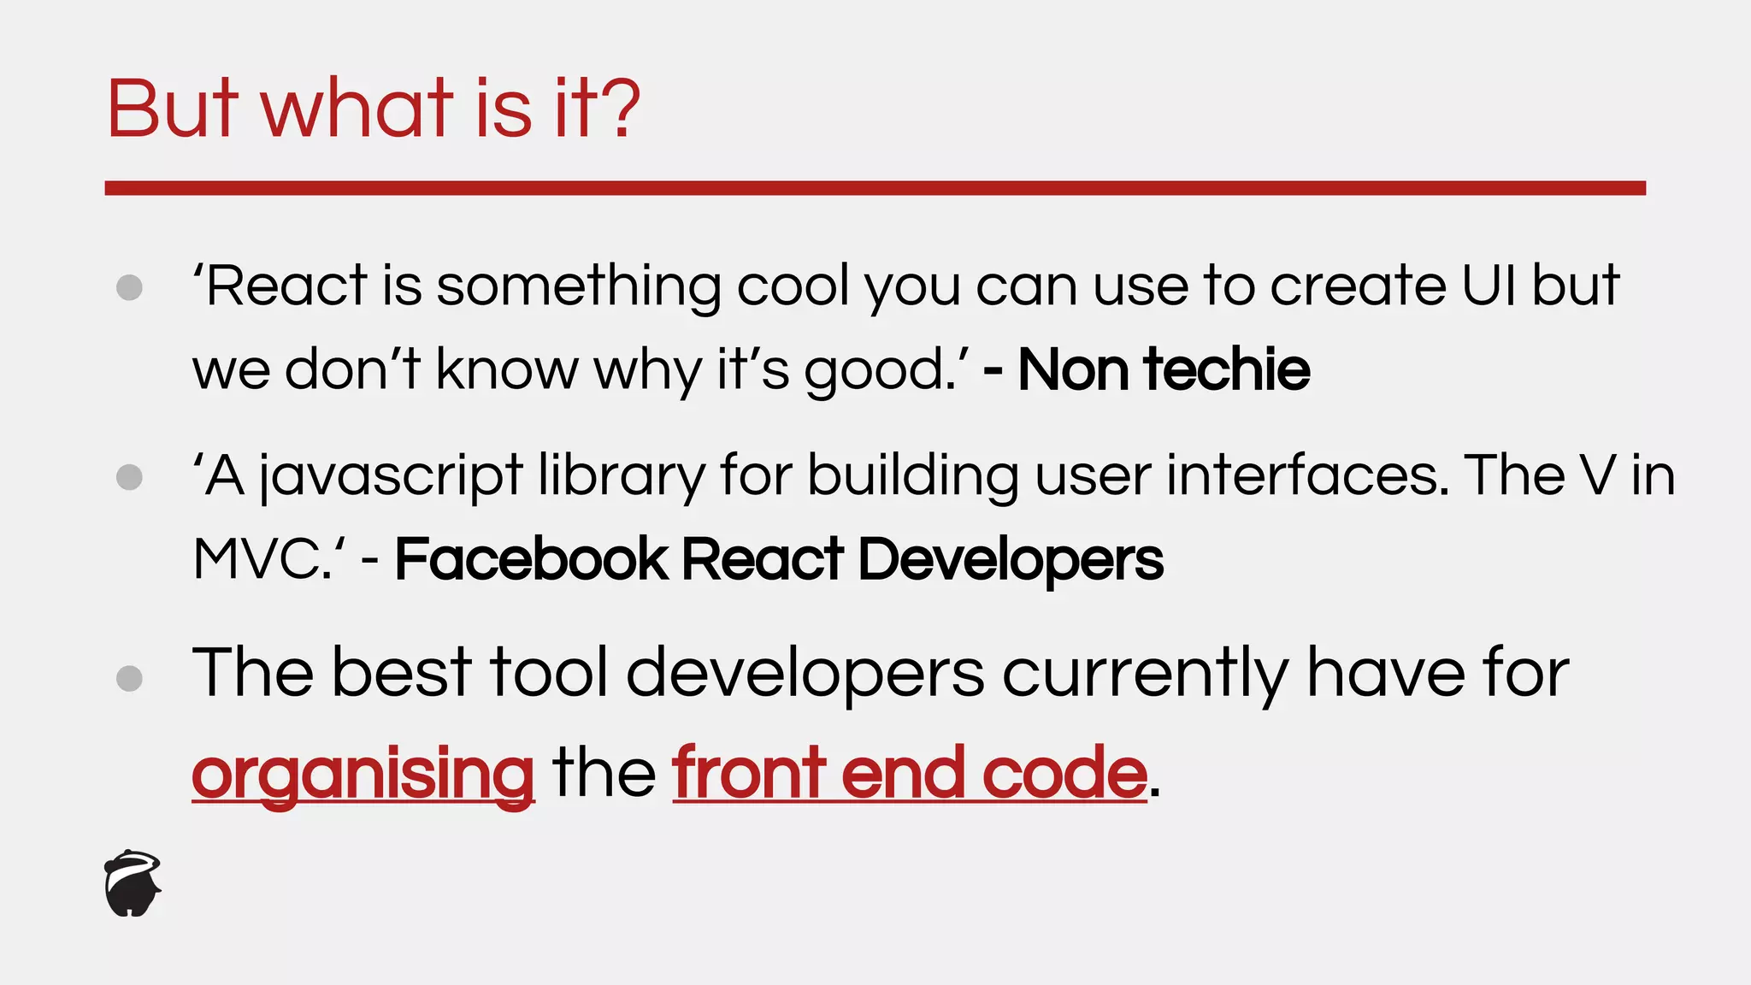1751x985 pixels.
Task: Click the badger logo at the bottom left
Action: click(x=133, y=883)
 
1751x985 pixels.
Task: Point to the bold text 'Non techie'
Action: click(x=1164, y=369)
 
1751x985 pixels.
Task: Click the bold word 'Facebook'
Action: click(x=530, y=560)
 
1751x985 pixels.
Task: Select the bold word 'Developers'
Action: click(x=1010, y=560)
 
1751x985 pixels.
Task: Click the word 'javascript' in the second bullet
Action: click(x=391, y=476)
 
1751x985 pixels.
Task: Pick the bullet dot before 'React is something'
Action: click(x=129, y=287)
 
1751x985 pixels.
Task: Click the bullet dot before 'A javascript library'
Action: click(x=129, y=477)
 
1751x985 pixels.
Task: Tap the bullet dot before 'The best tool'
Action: click(x=129, y=679)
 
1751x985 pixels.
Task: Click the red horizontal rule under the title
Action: click(x=875, y=188)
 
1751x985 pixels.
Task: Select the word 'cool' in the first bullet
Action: click(x=792, y=286)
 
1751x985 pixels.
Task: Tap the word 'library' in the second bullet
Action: click(x=621, y=476)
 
